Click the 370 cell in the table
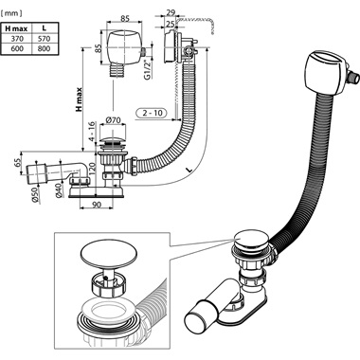click(16, 39)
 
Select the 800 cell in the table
click(45, 48)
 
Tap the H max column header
click(16, 28)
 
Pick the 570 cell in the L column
click(45, 39)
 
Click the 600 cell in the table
click(16, 48)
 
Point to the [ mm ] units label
click(11, 13)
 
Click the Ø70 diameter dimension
click(113, 120)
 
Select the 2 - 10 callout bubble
click(151, 113)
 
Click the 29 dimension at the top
click(171, 13)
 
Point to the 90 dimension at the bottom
click(97, 205)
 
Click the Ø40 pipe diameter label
click(59, 190)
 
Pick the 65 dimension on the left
click(18, 163)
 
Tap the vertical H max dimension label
click(79, 99)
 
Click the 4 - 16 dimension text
click(91, 132)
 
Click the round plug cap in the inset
click(103, 253)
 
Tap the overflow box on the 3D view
click(324, 75)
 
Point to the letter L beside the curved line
click(189, 170)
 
